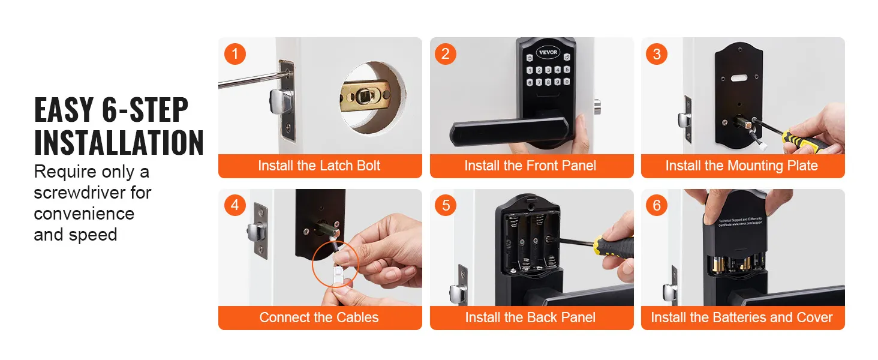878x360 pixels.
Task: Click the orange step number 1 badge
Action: point(234,54)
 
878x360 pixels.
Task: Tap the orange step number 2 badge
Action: point(446,54)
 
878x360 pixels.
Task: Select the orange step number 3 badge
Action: point(657,54)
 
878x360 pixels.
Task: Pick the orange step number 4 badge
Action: point(234,206)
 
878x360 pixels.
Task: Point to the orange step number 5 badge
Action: point(446,206)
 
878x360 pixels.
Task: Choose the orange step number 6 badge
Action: point(657,206)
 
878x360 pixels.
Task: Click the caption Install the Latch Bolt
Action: point(319,166)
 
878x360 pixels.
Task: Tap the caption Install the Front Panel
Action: point(531,166)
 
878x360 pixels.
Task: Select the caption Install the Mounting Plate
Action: point(742,166)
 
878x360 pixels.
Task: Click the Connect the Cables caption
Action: point(319,318)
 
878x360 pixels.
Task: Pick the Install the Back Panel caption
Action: point(531,318)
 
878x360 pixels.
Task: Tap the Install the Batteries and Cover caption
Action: point(742,318)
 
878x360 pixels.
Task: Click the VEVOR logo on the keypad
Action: point(547,52)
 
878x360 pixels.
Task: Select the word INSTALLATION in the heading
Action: point(119,143)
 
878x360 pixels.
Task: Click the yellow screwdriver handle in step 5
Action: point(614,247)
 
